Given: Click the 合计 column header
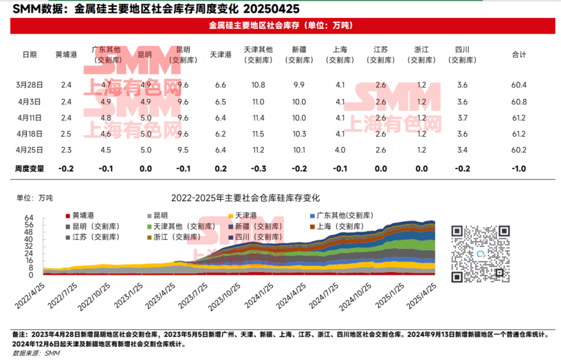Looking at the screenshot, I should click(x=520, y=54).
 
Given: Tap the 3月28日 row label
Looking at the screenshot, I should click(x=30, y=85).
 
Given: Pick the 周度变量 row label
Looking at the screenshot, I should click(x=29, y=168).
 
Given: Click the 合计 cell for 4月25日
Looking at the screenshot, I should click(x=520, y=150).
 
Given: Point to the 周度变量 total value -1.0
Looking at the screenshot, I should click(x=520, y=168).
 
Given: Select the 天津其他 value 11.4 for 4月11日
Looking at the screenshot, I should click(x=258, y=118).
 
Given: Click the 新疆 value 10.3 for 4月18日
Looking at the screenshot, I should click(x=299, y=134).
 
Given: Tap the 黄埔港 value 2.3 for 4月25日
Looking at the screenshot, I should click(x=66, y=150).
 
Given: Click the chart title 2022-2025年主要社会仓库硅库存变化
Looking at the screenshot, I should click(x=245, y=198).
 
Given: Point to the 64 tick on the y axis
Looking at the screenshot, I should click(x=29, y=218).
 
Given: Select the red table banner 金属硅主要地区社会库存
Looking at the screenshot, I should click(x=280, y=25).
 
